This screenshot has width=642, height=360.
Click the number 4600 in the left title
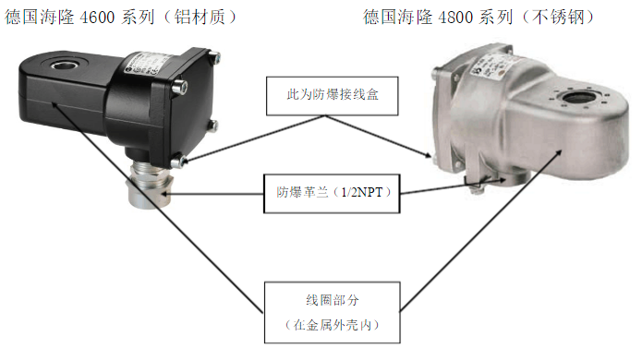[96, 18]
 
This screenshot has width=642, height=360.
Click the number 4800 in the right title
[455, 18]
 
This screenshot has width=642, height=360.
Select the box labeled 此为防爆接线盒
[332, 96]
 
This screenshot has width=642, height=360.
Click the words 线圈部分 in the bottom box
[332, 300]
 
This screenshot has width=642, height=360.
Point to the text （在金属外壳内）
[332, 325]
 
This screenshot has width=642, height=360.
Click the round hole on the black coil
[63, 64]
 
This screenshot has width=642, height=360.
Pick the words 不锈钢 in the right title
[559, 18]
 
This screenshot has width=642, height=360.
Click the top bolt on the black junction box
[214, 56]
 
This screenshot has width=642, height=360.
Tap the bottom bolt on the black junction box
[177, 161]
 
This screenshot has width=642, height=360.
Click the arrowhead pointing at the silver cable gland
[165, 194]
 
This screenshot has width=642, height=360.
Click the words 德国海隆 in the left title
[40, 18]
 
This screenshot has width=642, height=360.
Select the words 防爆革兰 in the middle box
[302, 192]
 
